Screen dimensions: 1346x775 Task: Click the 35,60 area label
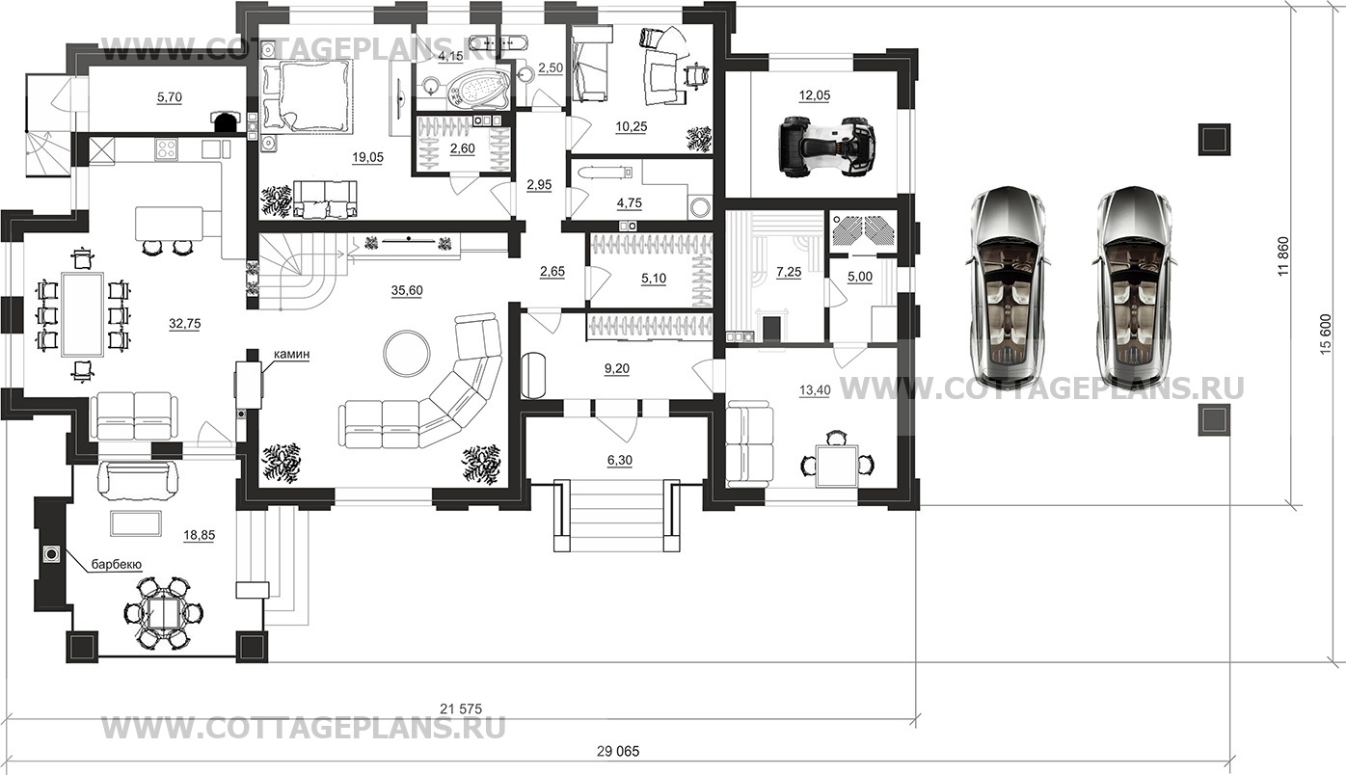point(407,290)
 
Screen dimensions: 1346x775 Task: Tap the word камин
point(291,355)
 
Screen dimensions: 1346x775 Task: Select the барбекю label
point(117,564)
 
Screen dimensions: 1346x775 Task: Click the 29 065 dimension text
point(618,752)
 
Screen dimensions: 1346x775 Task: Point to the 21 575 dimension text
point(461,709)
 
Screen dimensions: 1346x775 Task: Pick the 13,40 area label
point(815,390)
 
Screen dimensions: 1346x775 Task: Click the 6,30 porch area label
point(620,460)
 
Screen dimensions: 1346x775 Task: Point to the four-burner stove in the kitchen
point(166,148)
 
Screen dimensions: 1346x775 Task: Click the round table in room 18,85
point(162,613)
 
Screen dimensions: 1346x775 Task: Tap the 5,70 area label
point(170,97)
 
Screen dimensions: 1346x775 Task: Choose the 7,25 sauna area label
point(789,272)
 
